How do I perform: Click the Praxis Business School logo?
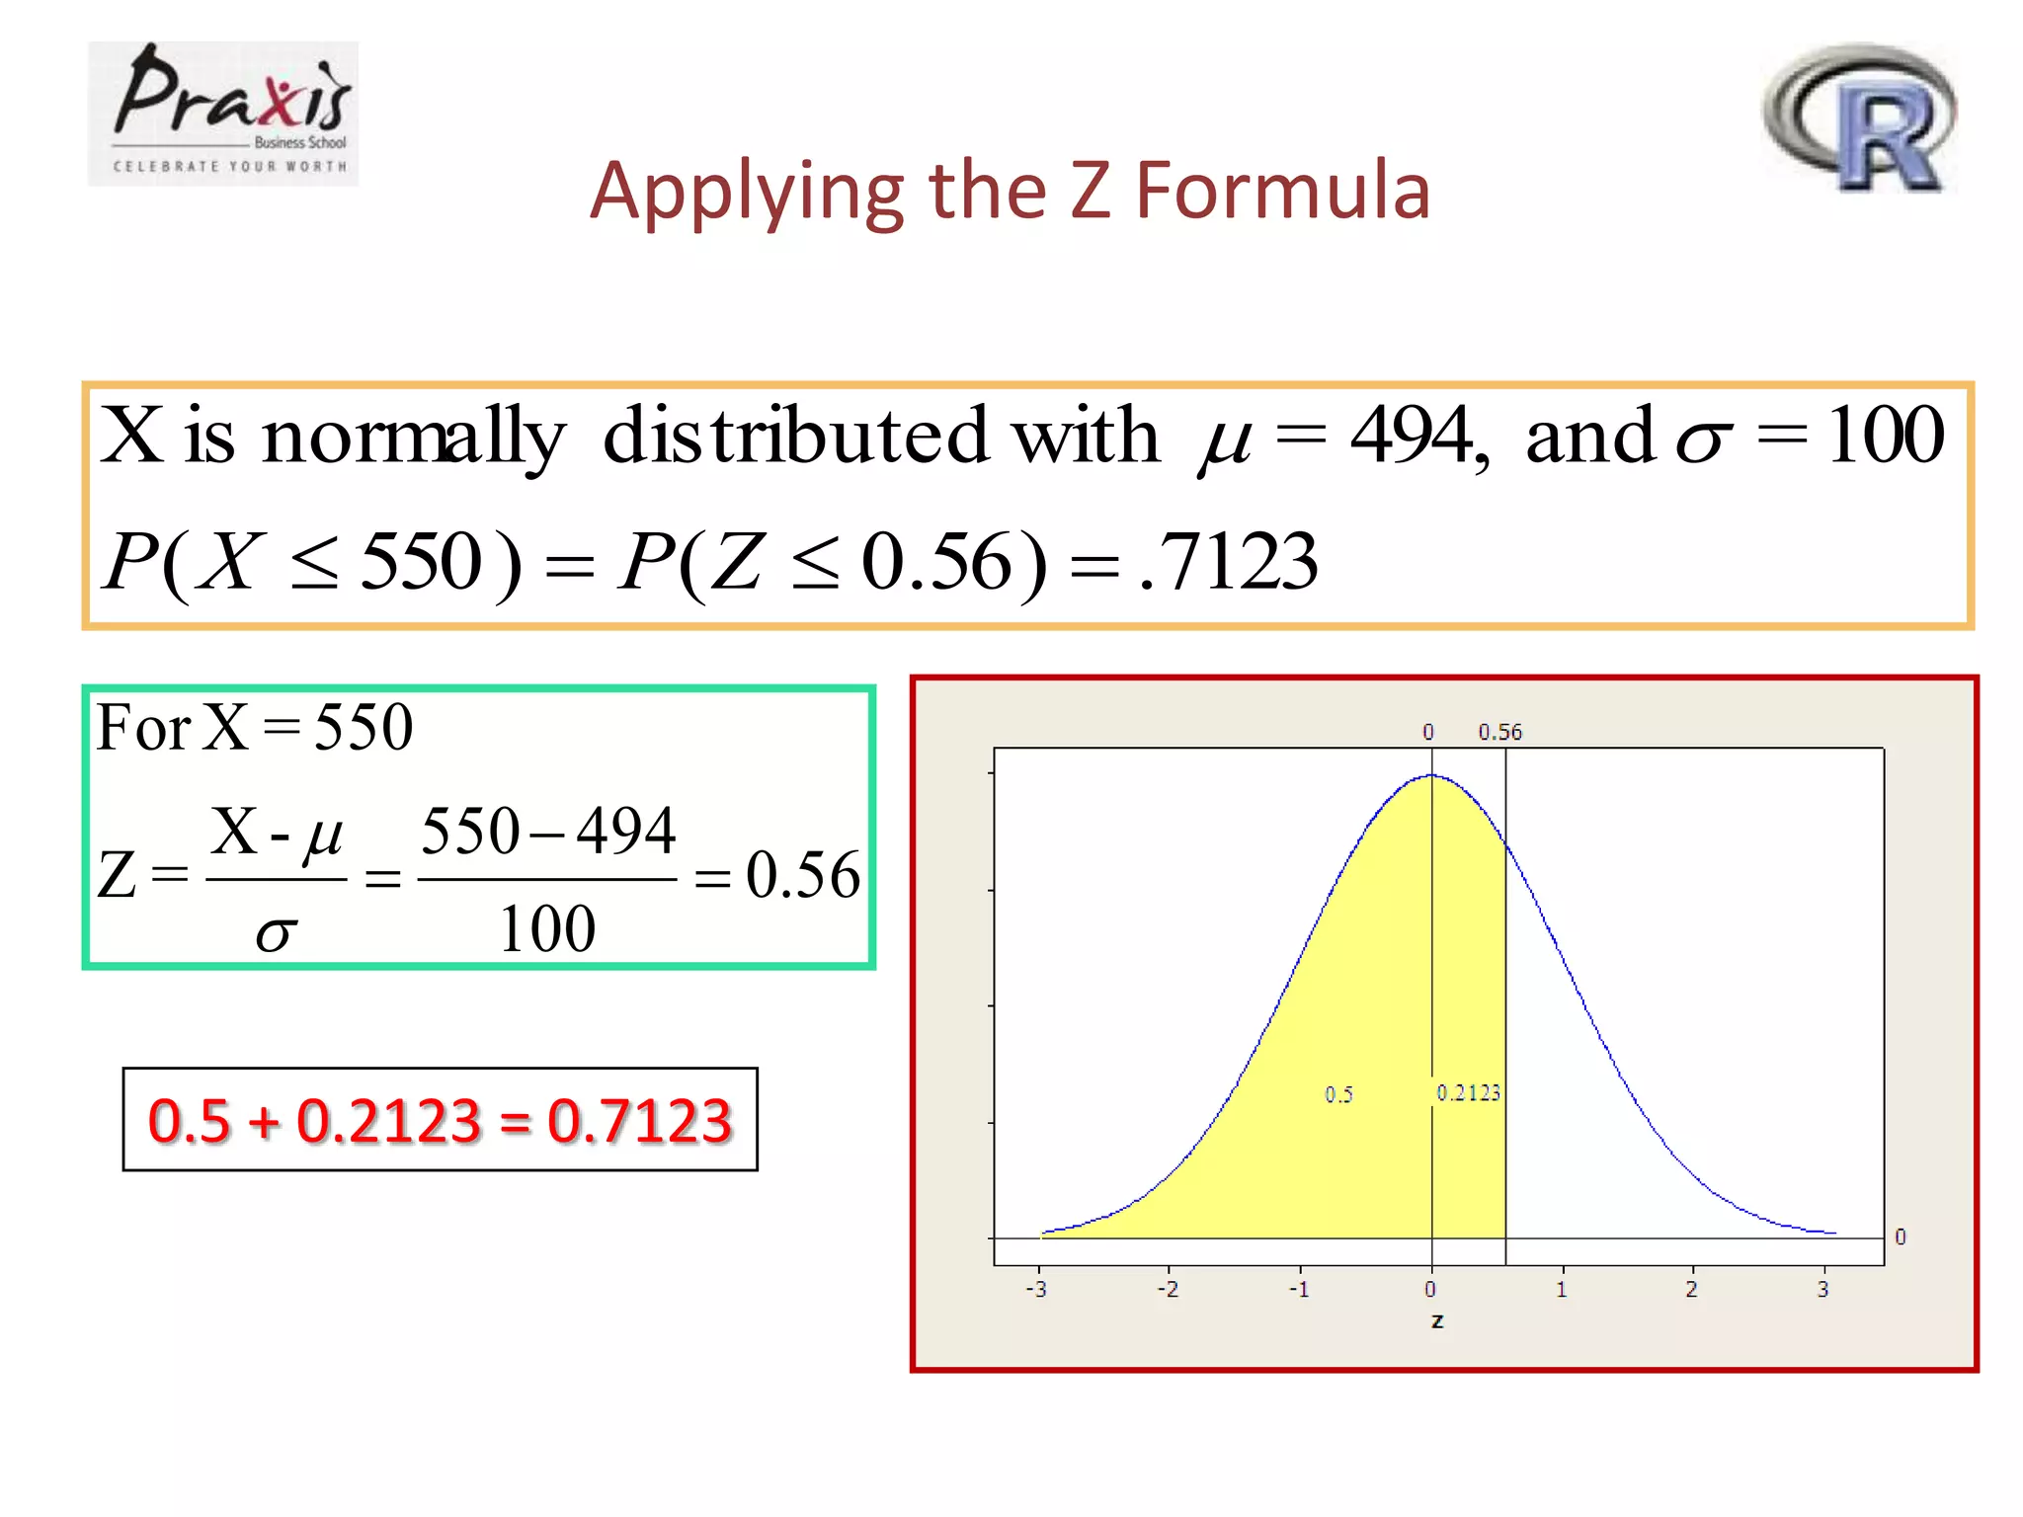pos(223,113)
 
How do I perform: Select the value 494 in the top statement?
pos(1413,436)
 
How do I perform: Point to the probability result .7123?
pos(1229,561)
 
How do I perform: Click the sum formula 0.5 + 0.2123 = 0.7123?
pos(440,1120)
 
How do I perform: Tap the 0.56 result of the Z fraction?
pos(802,875)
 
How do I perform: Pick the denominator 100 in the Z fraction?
pos(547,929)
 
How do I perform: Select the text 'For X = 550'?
pos(255,728)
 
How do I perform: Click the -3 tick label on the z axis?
pos(1036,1290)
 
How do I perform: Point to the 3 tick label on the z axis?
pos(1822,1290)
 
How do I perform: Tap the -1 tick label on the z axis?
pos(1299,1290)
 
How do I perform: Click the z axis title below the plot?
pos(1437,1321)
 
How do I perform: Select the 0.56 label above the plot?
pos(1499,733)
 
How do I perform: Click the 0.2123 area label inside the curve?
pos(1469,1092)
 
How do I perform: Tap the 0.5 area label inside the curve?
pos(1338,1094)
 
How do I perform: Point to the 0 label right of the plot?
pos(1900,1237)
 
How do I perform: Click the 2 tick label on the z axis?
pos(1691,1290)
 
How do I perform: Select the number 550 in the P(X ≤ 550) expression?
pos(422,561)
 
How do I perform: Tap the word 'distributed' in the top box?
pos(795,436)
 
